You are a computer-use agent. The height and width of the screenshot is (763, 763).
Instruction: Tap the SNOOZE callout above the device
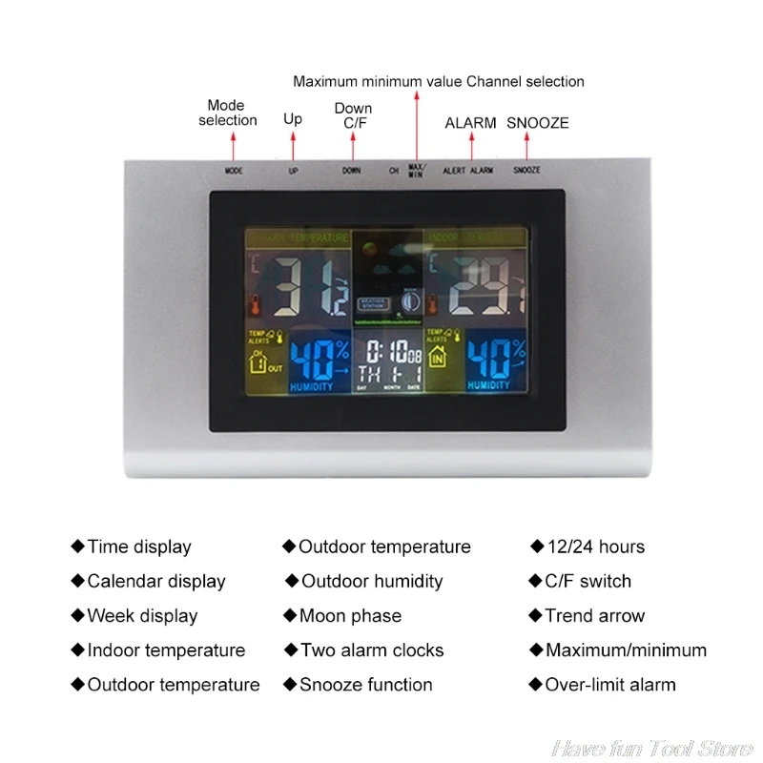(x=537, y=123)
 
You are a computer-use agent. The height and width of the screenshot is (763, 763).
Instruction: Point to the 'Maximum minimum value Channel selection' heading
(x=439, y=82)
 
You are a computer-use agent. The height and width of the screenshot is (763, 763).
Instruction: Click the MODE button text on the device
(x=234, y=171)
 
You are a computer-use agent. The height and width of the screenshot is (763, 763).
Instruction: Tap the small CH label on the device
(x=393, y=171)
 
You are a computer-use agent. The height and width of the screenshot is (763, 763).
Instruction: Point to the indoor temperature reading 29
(x=482, y=285)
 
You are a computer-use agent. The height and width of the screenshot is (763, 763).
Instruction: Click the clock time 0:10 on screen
(x=385, y=350)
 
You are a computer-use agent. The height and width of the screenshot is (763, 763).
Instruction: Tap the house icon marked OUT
(x=261, y=362)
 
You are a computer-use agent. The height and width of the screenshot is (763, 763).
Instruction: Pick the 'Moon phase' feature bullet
(x=349, y=616)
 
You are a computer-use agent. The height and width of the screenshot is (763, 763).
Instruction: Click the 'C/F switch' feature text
(x=588, y=582)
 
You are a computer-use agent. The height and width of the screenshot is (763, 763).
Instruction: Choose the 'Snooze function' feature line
(x=365, y=685)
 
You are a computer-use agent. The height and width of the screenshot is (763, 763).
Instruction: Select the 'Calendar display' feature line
(x=155, y=582)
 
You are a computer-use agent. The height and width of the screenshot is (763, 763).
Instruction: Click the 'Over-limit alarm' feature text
(x=609, y=685)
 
